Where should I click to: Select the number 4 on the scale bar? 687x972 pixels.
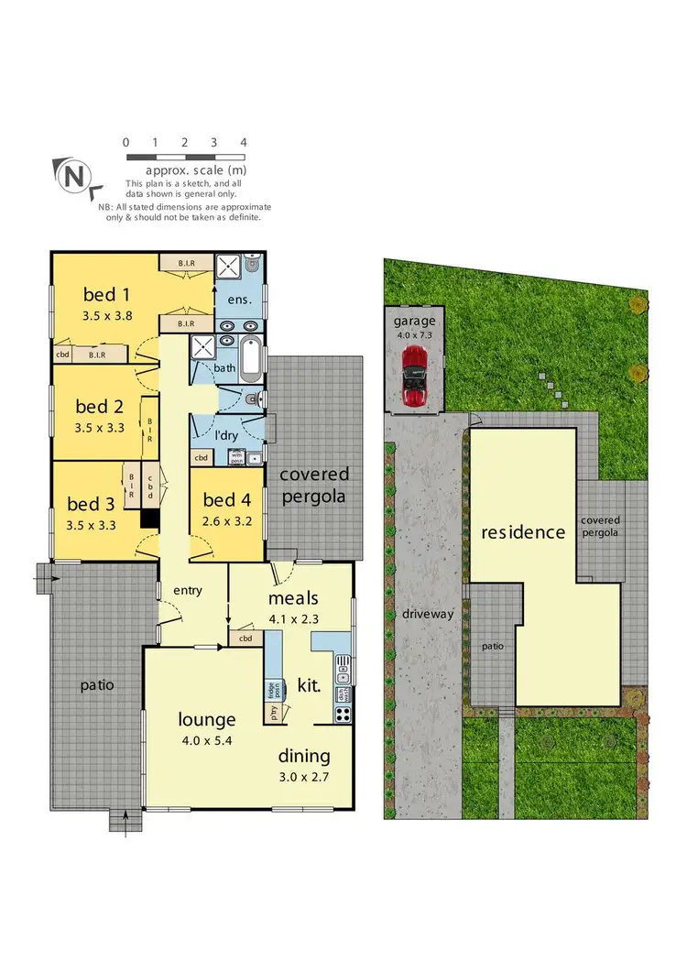pos(243,142)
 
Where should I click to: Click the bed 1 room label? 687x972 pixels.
pos(105,294)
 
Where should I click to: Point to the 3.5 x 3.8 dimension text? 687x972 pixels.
pos(106,316)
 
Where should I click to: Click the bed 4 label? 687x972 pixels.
pos(224,499)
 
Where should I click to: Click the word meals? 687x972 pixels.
pos(293,598)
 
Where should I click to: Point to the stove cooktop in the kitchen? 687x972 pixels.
pos(343,716)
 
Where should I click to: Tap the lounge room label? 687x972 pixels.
pos(207,719)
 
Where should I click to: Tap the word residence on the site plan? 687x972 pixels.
pos(523,531)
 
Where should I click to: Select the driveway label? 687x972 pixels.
pos(427,614)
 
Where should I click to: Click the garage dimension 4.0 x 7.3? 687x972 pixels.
pos(414,335)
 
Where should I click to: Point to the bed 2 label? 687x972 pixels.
pos(99,406)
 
